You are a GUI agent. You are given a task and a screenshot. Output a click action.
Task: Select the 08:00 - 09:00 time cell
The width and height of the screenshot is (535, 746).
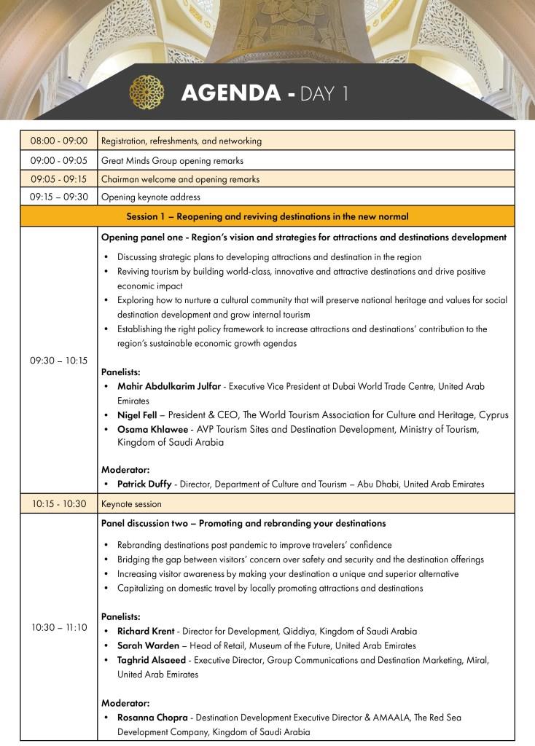58,141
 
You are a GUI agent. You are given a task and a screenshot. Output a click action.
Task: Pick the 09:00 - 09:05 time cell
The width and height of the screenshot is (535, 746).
58,160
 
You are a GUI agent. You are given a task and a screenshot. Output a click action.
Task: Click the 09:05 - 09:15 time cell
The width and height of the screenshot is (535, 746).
58,178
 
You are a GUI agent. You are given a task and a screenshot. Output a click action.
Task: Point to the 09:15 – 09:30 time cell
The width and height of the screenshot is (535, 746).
58,197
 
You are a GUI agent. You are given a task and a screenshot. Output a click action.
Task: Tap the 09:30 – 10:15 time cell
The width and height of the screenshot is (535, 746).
58,360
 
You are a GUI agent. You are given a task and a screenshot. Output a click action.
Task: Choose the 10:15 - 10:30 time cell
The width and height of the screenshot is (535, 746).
58,503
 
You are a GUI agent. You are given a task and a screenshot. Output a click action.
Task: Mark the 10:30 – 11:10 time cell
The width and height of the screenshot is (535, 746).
58,627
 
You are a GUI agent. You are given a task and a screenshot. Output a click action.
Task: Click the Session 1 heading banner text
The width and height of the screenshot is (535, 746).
267,216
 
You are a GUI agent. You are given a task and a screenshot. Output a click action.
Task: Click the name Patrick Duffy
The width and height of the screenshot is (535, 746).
144,484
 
